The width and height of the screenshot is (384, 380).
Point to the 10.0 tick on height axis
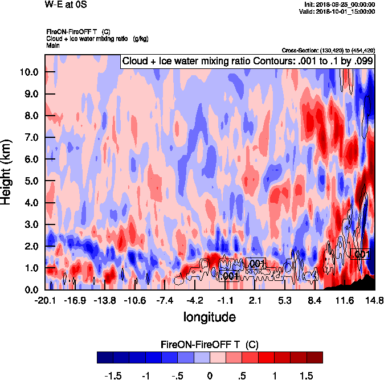29,72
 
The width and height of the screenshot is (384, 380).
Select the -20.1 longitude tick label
45,300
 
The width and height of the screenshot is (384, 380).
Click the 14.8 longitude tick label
374,300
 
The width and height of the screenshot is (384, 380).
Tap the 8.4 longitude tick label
315,300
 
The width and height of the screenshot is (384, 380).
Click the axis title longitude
210,316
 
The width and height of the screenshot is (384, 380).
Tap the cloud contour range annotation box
247,60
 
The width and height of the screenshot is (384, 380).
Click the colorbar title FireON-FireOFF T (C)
210,345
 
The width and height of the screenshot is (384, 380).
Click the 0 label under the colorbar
210,376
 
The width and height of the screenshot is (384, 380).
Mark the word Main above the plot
52,44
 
